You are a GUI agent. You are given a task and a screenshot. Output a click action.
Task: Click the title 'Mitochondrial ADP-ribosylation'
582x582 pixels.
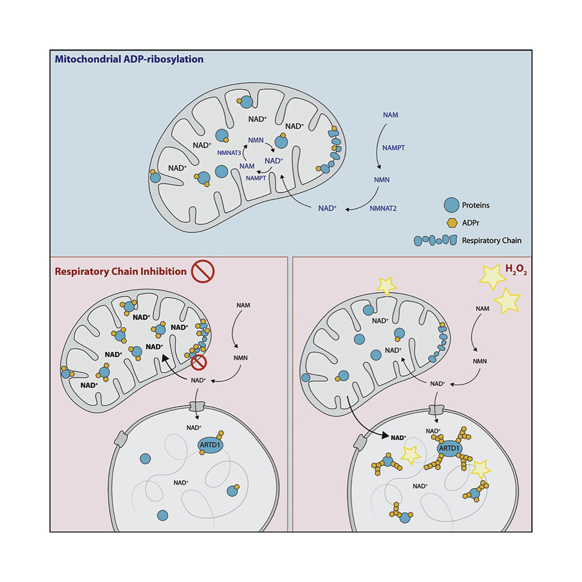tap(129, 59)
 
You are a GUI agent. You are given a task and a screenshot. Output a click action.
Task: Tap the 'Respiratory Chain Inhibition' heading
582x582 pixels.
tap(120, 272)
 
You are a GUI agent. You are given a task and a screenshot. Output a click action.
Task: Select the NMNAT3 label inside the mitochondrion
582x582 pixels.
tap(229, 153)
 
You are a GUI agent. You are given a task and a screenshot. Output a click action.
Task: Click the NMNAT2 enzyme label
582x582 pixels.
tap(383, 209)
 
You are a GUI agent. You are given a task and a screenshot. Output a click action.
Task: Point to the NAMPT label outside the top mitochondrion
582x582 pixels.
tap(393, 148)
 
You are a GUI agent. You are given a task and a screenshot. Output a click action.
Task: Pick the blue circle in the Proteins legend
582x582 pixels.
tap(452, 205)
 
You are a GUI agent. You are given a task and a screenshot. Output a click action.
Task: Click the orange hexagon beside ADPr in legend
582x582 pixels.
tap(452, 223)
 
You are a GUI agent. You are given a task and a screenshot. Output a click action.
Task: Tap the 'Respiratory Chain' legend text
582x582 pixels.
tap(491, 241)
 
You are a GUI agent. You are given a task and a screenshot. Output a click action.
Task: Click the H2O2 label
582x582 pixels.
tap(516, 270)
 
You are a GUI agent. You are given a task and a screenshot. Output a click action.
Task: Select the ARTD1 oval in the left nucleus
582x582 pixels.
tap(210, 445)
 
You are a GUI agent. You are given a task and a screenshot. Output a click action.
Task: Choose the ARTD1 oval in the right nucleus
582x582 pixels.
tap(449, 448)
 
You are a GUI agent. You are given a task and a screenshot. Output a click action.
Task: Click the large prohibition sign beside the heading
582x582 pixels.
tap(203, 271)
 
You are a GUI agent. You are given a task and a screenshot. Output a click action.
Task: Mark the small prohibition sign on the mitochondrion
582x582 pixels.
tap(199, 362)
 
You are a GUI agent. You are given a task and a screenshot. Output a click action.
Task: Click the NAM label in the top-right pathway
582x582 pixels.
tap(390, 115)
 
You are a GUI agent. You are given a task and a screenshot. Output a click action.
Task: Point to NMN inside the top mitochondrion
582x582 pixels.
tap(256, 140)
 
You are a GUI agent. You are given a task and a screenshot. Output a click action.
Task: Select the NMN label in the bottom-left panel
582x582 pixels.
tap(241, 358)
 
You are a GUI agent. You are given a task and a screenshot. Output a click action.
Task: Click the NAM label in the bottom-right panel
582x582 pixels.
tap(483, 308)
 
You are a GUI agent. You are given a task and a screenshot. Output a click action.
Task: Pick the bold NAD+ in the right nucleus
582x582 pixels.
tap(398, 437)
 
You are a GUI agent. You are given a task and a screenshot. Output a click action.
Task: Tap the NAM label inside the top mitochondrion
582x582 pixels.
tap(247, 166)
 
